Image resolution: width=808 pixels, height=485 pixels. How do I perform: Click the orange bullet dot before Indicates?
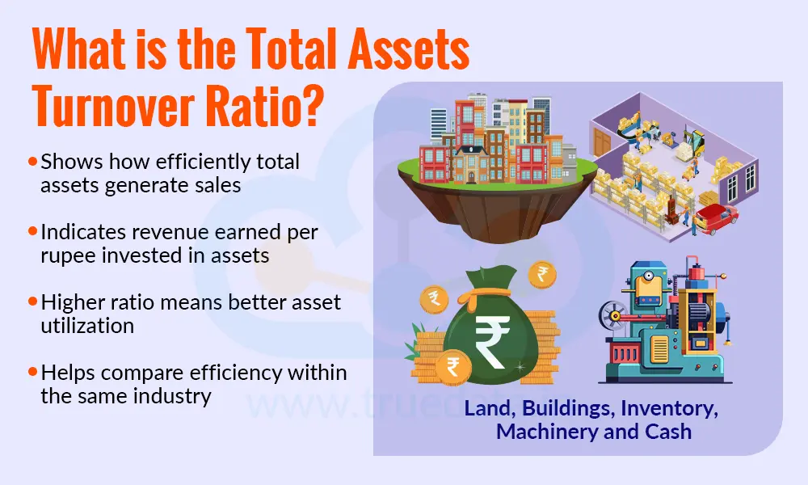(32, 232)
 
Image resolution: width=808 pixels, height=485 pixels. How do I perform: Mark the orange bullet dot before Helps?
(32, 373)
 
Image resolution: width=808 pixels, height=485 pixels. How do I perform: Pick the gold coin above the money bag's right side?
(541, 274)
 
